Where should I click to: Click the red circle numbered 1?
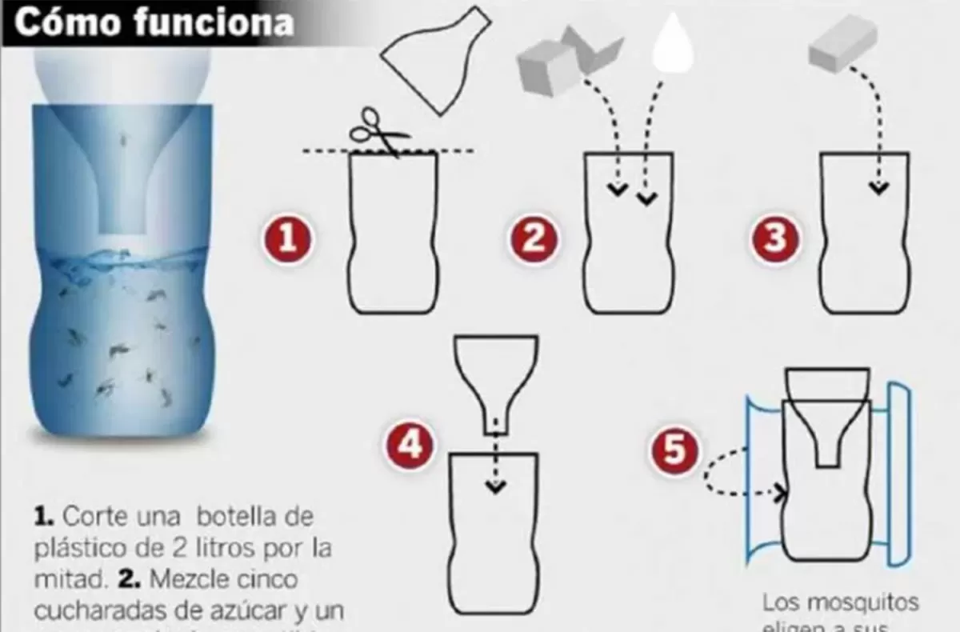pos(289,238)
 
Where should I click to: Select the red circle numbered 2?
pos(534,238)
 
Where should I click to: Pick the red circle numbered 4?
pos(410,445)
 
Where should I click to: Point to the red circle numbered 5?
pos(676,450)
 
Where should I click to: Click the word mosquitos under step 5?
pos(868,602)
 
